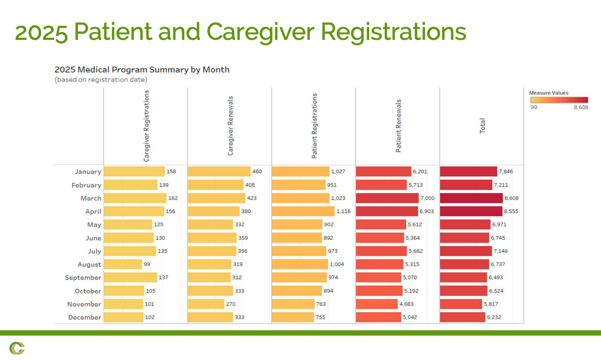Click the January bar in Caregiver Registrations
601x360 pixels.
point(134,172)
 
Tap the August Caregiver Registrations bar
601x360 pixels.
point(123,264)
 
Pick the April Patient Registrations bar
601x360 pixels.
point(303,211)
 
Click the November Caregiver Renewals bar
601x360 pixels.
point(206,304)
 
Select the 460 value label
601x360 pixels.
point(257,172)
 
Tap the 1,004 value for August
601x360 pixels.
point(337,264)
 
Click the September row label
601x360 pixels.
point(83,278)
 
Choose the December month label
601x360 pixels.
point(85,317)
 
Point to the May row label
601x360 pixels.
point(94,225)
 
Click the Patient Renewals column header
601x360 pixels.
point(398,126)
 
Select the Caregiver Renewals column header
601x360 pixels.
point(230,126)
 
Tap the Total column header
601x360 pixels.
point(483,125)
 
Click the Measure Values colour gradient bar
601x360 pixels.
point(559,100)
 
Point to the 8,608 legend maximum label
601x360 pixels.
point(581,107)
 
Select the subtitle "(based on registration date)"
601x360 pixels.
point(101,80)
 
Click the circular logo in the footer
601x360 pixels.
point(17,348)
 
